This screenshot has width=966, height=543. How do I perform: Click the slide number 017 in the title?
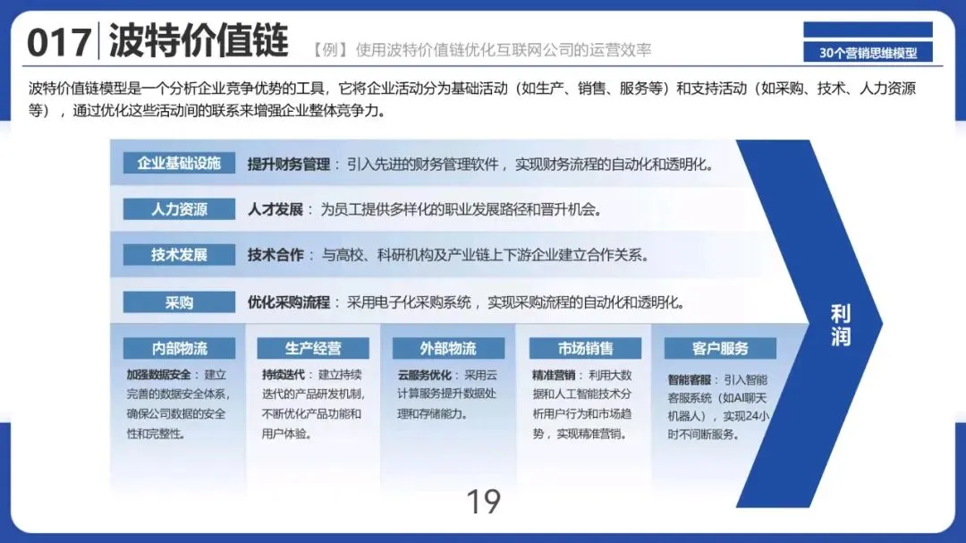[x=58, y=42]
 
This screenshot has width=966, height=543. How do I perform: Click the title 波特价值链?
[x=199, y=40]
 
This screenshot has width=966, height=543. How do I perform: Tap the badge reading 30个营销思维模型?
[x=868, y=53]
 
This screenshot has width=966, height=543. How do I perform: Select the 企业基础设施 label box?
[x=179, y=164]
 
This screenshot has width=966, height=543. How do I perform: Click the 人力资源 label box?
[x=179, y=209]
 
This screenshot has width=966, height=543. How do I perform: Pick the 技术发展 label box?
[x=179, y=255]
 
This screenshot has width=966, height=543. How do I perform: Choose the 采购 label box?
[x=179, y=302]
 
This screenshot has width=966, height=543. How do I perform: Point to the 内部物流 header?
[x=179, y=348]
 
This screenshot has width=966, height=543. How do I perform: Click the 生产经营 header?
[x=313, y=348]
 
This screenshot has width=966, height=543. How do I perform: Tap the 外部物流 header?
[x=448, y=348]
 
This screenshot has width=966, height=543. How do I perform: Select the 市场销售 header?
[x=585, y=348]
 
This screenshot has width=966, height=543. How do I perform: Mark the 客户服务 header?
[x=720, y=348]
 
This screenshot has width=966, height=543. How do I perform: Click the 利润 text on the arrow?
[x=841, y=326]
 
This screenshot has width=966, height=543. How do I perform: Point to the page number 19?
[x=483, y=502]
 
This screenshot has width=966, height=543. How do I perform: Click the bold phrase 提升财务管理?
[x=288, y=165]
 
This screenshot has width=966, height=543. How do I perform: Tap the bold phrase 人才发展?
[x=275, y=210]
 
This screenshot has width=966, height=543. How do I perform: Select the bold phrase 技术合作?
[x=275, y=256]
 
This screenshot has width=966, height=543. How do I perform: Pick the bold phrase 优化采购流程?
[x=288, y=302]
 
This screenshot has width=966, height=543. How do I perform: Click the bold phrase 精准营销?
[x=553, y=375]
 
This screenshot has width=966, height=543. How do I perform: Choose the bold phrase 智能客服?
[x=689, y=379]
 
